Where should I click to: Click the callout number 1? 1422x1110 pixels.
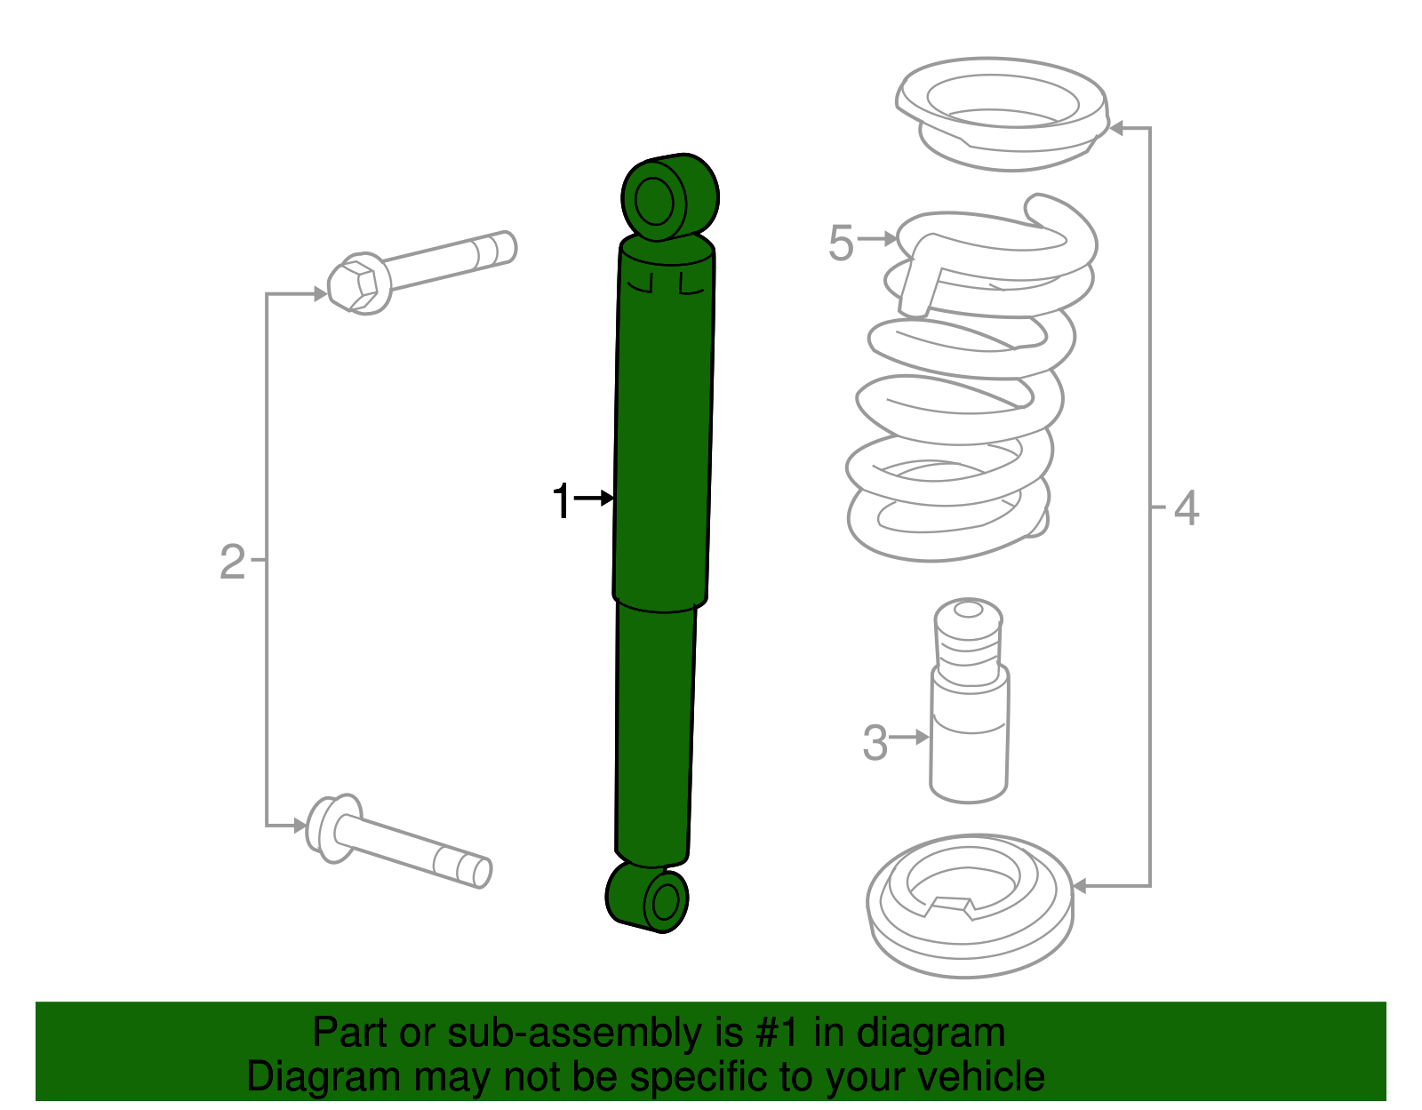point(561,500)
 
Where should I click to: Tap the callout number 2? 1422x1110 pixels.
point(232,562)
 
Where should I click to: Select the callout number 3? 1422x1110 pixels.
point(875,742)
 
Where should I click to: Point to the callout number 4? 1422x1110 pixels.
point(1186,508)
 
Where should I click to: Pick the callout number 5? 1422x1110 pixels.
point(841,243)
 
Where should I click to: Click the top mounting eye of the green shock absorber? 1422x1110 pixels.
point(656,203)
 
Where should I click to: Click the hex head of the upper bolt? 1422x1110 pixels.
point(359,284)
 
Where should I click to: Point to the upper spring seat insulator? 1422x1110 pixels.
point(1003,113)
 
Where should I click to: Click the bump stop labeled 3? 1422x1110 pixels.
point(969,702)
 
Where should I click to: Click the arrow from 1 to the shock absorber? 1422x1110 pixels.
point(595,499)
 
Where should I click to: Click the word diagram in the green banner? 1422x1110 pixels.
point(931,1033)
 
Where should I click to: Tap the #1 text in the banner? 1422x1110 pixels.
point(778,1033)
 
